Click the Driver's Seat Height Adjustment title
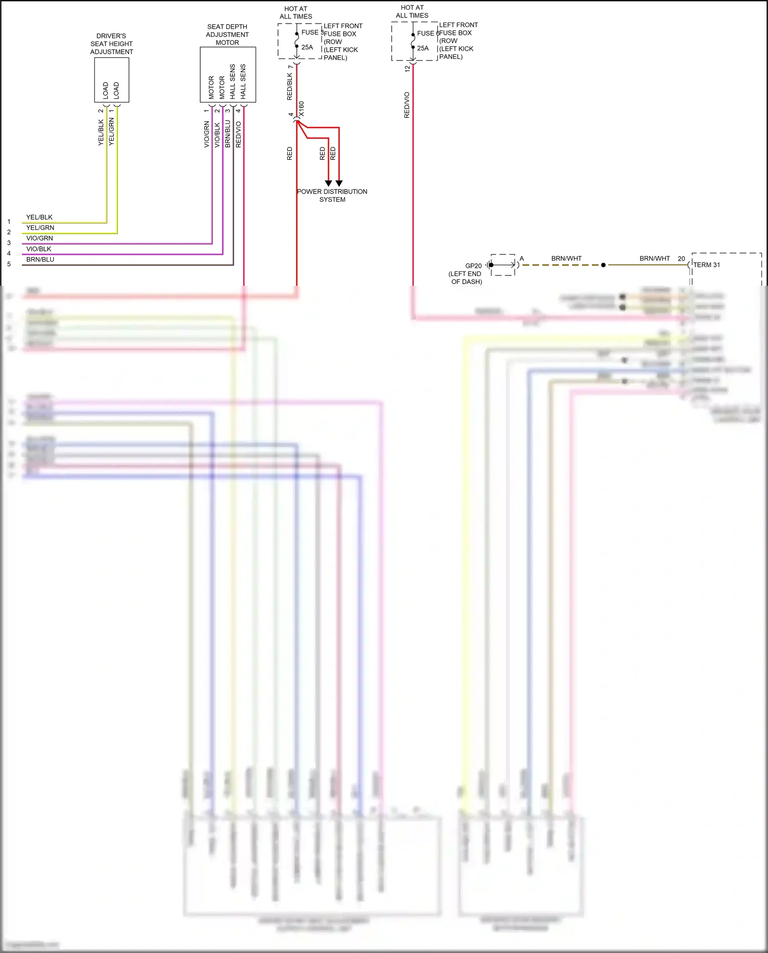pos(111,44)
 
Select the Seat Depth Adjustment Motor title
pos(227,35)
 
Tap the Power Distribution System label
pos(332,196)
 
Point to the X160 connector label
pos(301,109)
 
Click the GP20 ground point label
pos(473,266)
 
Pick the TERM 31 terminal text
pos(707,265)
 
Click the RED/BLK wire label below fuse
pos(290,86)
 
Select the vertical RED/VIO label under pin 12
pos(407,105)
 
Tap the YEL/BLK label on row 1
pos(39,217)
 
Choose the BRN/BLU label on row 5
pos(40,260)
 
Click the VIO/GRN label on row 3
pos(39,238)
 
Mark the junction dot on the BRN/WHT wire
pos(603,265)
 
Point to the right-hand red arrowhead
pos(339,183)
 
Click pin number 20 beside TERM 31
pos(681,259)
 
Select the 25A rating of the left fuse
pos(307,47)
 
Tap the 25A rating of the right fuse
pos(423,48)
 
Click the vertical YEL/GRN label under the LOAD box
pos(112,132)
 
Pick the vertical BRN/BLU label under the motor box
pos(228,134)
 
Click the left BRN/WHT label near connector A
pos(566,259)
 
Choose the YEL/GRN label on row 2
pos(40,228)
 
